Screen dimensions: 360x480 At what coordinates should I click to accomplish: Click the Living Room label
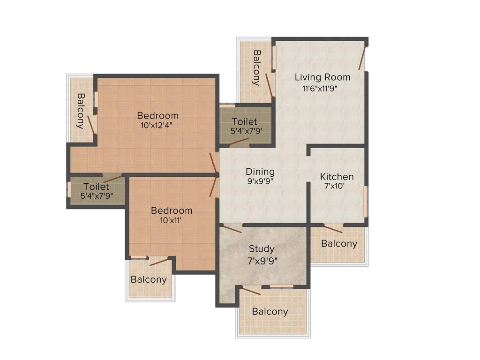(322, 77)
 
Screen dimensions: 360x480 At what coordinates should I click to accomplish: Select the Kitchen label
(337, 177)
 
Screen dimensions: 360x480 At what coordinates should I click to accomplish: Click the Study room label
(262, 249)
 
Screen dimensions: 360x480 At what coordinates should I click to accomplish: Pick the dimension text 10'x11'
(172, 220)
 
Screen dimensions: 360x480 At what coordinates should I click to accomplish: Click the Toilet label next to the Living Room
(244, 122)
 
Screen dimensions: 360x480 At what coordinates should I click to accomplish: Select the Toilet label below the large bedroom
(96, 187)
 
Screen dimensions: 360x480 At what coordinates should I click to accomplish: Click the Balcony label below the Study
(270, 311)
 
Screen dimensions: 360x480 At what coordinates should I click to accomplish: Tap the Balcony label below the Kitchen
(339, 243)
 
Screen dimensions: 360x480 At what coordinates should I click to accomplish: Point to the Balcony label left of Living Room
(257, 68)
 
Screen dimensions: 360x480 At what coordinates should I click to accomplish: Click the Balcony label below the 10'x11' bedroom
(149, 279)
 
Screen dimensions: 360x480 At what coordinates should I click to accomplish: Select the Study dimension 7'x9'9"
(262, 261)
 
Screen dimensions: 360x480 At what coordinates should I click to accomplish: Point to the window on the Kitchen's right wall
(366, 202)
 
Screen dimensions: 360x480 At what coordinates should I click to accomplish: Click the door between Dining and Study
(232, 229)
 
